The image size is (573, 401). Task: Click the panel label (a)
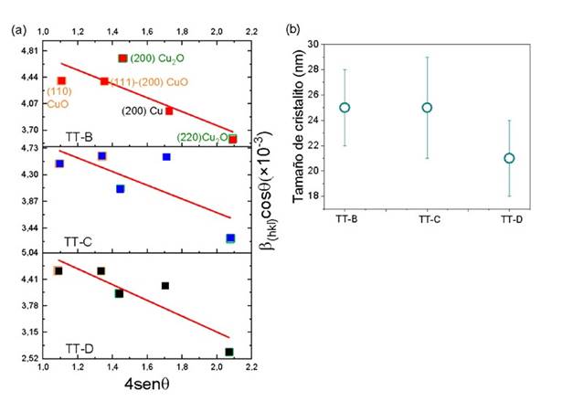(x=17, y=29)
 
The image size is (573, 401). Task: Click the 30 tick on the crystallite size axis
(x=315, y=44)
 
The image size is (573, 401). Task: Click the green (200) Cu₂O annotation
(x=157, y=58)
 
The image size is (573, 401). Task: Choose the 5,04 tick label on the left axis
(x=29, y=253)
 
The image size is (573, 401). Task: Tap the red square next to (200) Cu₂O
(x=122, y=58)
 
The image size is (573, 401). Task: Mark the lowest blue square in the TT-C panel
(x=230, y=238)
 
